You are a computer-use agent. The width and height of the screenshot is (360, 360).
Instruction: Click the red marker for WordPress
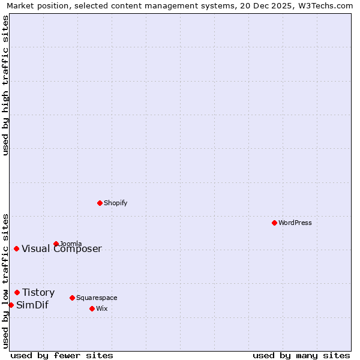tap(274, 223)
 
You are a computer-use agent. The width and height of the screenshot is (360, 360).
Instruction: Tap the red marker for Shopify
tap(100, 203)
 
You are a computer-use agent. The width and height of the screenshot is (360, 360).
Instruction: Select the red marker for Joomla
tap(56, 244)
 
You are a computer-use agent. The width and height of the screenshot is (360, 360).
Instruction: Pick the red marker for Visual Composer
tap(16, 248)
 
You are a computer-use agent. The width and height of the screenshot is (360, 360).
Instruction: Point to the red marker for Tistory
tap(17, 292)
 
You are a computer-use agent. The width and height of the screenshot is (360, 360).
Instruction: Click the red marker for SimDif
tap(11, 305)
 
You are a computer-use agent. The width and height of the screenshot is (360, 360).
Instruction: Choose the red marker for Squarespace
tap(72, 298)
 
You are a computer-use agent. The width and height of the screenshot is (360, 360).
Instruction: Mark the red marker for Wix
tap(92, 308)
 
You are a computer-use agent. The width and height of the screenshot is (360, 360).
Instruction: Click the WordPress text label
tap(295, 223)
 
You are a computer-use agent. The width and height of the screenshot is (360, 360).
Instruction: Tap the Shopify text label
tap(116, 203)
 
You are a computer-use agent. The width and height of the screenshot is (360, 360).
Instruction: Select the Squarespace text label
tap(97, 298)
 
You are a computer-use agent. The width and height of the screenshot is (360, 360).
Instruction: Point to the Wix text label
tap(102, 308)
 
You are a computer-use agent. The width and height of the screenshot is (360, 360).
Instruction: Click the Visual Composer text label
tap(62, 249)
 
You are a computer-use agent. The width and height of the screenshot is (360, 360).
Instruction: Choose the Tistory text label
tap(38, 293)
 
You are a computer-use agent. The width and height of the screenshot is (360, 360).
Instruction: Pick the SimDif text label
tap(32, 305)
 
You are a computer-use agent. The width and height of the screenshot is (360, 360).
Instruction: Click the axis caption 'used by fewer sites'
tap(62, 355)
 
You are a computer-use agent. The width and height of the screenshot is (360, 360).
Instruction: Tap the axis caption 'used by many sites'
tap(301, 355)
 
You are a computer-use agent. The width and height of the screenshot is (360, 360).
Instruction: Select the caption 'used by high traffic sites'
tap(6, 85)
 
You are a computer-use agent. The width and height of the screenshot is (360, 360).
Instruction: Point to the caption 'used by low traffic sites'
tap(6, 281)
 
